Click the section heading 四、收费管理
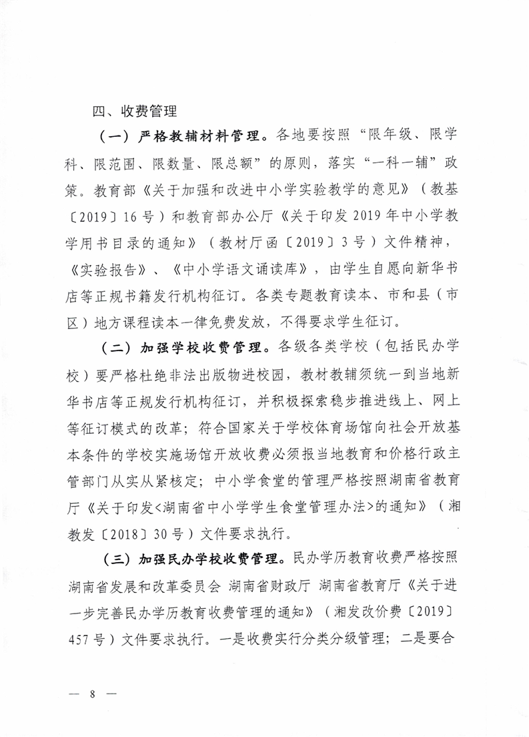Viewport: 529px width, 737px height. [x=133, y=110]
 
